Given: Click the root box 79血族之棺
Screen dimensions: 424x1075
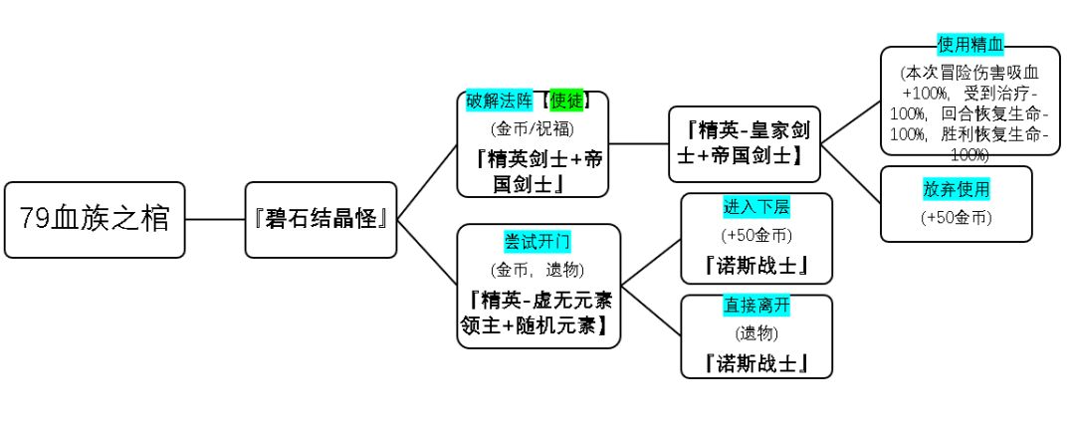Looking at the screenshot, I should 95,219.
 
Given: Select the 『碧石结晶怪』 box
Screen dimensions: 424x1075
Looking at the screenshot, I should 321,219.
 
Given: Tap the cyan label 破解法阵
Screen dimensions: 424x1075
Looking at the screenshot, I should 501,101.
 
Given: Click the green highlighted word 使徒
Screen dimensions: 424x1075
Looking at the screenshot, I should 565,101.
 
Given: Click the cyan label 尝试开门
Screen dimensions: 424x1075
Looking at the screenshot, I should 537,242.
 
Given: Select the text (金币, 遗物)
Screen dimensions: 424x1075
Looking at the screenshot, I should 537,269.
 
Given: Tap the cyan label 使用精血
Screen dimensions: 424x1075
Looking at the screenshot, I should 970,45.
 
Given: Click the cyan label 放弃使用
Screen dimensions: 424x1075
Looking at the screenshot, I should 956,188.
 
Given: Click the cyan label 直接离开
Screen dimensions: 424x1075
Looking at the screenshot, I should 756,305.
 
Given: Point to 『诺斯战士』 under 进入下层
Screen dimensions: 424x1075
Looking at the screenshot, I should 756,266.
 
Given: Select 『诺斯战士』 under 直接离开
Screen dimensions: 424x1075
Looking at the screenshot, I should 756,362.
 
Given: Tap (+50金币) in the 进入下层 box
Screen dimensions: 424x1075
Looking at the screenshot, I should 756,236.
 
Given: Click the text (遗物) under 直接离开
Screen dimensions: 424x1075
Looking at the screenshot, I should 756,332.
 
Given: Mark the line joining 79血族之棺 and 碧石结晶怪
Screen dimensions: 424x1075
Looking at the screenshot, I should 215,219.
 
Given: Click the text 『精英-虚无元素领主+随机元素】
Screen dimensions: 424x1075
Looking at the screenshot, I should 537,312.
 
